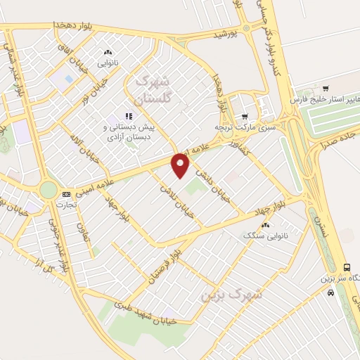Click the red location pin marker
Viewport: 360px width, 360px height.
click(181, 165)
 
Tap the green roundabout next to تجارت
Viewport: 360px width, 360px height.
click(48, 190)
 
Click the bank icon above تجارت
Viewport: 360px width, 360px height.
click(66, 194)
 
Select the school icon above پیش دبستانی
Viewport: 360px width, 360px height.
click(129, 116)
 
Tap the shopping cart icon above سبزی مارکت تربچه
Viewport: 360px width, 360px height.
click(245, 117)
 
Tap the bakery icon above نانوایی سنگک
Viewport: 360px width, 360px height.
click(265, 225)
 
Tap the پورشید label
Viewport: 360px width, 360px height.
click(228, 32)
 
